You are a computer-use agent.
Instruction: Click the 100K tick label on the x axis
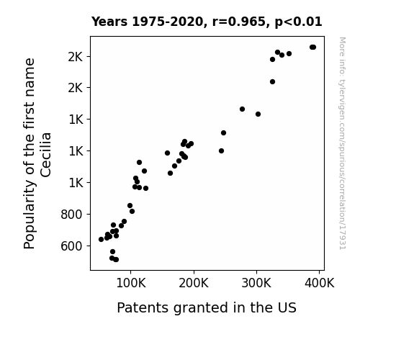coord(131,284)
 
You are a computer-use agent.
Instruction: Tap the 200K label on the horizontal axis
coord(194,284)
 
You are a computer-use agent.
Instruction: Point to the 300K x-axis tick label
coord(256,284)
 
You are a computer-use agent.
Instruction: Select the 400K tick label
coord(320,284)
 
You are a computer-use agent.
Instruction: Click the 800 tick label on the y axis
coord(71,215)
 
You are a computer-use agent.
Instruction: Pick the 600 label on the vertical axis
coord(71,246)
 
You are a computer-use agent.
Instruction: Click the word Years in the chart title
coord(109,22)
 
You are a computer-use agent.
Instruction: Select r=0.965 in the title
coord(239,22)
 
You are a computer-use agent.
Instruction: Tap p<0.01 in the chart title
coord(298,22)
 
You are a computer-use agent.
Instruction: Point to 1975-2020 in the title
coord(168,22)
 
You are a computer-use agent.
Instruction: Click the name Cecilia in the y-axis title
coord(45,155)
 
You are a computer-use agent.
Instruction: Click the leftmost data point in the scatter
coord(101,239)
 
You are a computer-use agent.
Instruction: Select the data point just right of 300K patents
coord(258,114)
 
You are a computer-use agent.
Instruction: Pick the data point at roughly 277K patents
coord(242,109)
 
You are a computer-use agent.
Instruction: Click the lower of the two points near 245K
coord(222,150)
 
